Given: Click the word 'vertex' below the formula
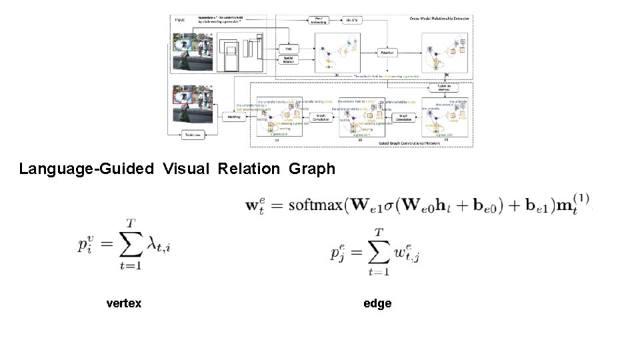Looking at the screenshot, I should click(x=124, y=303).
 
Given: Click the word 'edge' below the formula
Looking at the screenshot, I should click(x=377, y=303).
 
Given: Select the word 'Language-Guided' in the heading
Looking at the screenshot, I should click(x=86, y=169).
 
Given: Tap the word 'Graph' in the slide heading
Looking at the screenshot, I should click(x=312, y=169).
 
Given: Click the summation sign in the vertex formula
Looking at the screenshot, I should click(x=129, y=248).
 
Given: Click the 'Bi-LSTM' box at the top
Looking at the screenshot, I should click(x=353, y=21).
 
